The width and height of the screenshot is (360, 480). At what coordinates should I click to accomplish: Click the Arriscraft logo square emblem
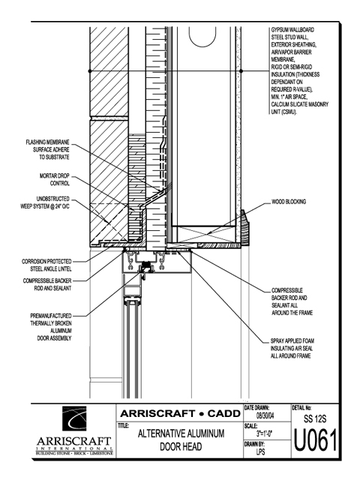tap(74, 418)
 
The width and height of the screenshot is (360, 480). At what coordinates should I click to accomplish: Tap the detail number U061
tap(315, 440)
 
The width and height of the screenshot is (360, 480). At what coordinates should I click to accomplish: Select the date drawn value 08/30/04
tap(265, 416)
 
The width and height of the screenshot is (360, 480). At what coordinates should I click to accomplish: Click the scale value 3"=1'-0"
tap(264, 433)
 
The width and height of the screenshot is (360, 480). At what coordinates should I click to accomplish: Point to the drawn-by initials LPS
tap(260, 451)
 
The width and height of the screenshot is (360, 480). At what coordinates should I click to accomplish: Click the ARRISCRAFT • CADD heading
tap(180, 413)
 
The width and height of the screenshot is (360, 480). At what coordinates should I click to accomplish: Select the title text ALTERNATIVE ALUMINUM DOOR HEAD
tap(181, 440)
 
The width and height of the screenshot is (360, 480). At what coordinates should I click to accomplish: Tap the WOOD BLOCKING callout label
tap(289, 202)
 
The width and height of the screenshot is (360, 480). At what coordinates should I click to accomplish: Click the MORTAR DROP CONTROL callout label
tap(55, 180)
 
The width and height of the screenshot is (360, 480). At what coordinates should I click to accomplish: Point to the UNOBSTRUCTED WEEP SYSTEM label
tap(45, 202)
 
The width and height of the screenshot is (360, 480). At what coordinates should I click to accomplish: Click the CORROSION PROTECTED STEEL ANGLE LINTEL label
tap(46, 265)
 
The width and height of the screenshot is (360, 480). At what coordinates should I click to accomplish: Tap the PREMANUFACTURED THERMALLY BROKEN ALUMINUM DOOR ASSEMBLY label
tap(51, 327)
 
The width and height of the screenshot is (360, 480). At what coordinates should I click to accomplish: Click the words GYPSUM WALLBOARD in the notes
tap(292, 30)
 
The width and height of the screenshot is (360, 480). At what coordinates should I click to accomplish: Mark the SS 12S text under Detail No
tap(315, 418)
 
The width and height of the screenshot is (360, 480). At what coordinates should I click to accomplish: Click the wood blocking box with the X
tap(207, 234)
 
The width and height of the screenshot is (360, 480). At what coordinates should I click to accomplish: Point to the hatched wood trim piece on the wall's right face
tap(244, 227)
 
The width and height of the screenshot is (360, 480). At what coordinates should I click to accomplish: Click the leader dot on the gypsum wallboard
tap(241, 71)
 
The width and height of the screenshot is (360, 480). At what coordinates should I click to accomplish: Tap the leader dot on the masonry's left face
tap(90, 71)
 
